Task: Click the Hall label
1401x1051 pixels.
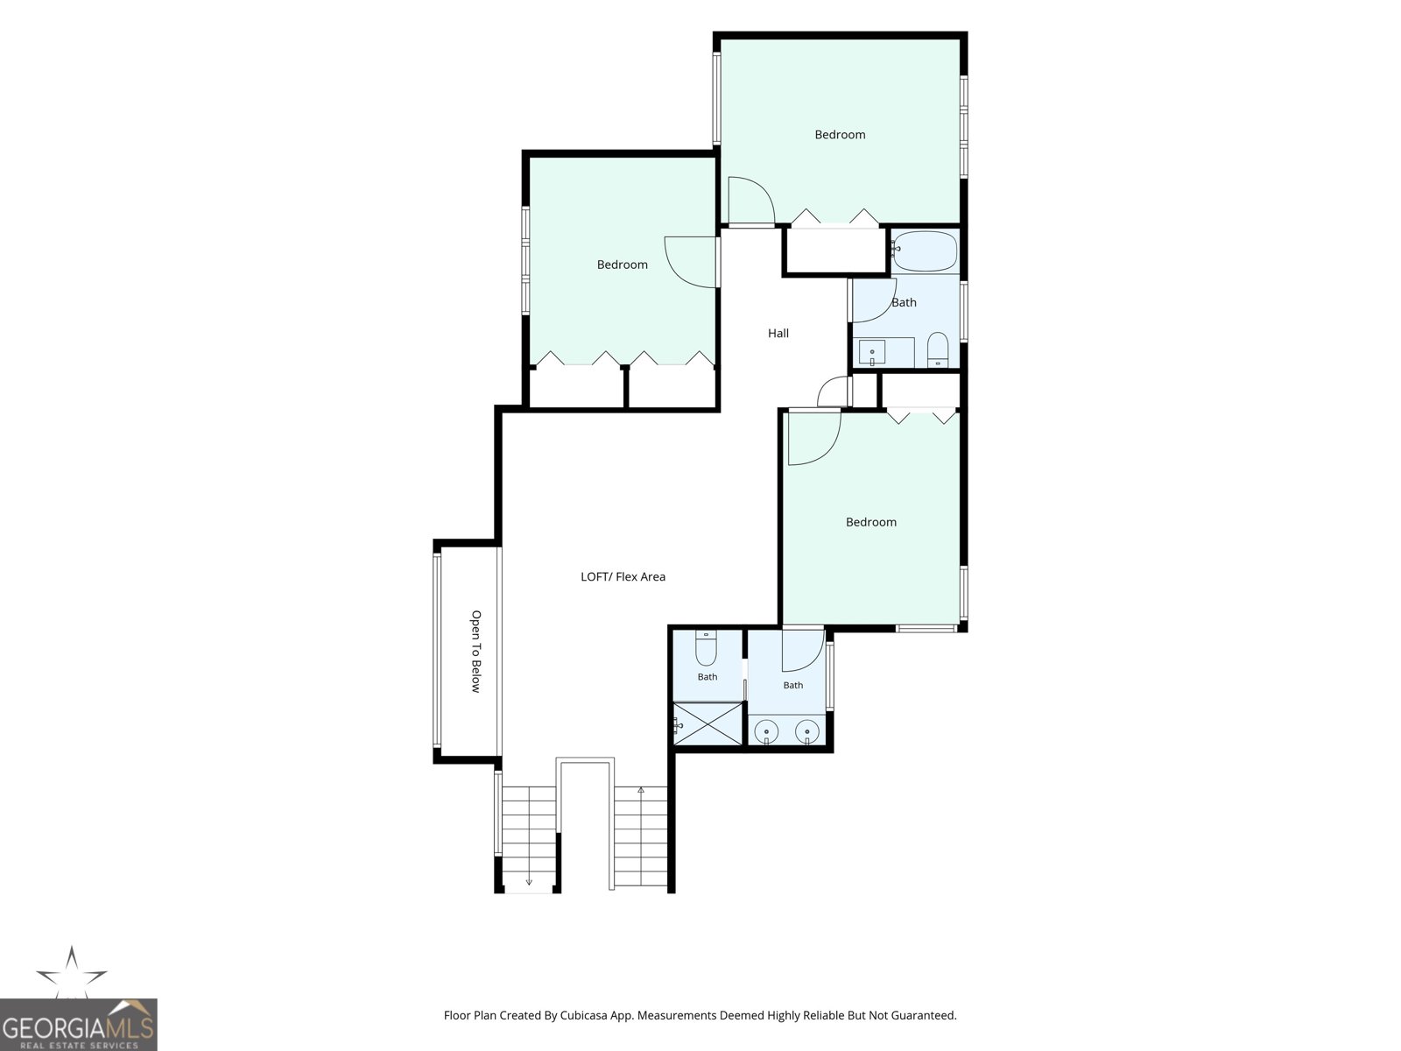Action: pyautogui.click(x=778, y=333)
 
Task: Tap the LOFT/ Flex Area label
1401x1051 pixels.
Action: pyautogui.click(x=623, y=577)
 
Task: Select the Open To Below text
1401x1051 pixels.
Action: pyautogui.click(x=476, y=652)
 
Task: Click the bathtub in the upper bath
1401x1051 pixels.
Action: pyautogui.click(x=925, y=251)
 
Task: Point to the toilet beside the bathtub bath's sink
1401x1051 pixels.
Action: pyautogui.click(x=938, y=349)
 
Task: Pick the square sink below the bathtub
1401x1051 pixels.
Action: pyautogui.click(x=872, y=352)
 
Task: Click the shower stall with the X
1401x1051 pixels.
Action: pyautogui.click(x=708, y=723)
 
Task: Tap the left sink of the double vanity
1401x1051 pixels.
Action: pyautogui.click(x=766, y=731)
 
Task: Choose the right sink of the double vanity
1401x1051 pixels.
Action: pyautogui.click(x=807, y=731)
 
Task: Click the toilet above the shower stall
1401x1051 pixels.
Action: pyautogui.click(x=706, y=648)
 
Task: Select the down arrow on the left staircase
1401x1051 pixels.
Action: pyautogui.click(x=529, y=882)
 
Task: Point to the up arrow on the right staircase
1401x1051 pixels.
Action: pyautogui.click(x=641, y=791)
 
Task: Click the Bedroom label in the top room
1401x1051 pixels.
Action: pyautogui.click(x=840, y=135)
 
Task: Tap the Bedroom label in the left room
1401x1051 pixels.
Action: pyautogui.click(x=623, y=265)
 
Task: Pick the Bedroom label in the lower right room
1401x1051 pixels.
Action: pyautogui.click(x=871, y=523)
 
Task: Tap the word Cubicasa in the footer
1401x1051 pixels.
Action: pyautogui.click(x=584, y=1016)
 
